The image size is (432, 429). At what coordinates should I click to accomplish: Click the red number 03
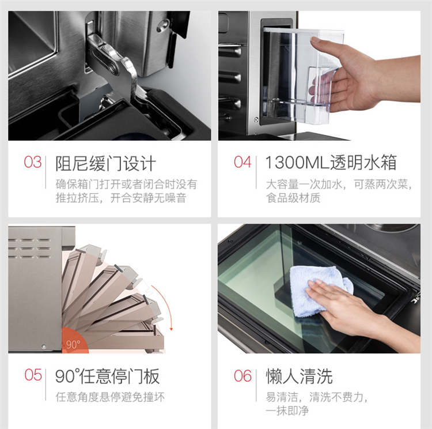coord(32,162)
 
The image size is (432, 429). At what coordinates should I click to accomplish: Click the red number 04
coord(242,162)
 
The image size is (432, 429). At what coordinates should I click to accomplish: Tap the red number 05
coord(33,375)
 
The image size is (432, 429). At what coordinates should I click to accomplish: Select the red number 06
coord(242,375)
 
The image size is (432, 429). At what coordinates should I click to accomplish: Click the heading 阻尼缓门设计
coord(105,163)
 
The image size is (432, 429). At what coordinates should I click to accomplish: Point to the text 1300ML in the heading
coord(297,162)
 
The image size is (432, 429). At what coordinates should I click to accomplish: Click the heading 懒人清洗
coord(299,376)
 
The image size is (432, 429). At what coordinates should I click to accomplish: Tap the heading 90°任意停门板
coord(108,376)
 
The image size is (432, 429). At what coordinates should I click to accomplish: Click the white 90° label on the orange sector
coord(73,344)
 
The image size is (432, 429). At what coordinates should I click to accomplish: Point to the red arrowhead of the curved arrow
coord(171,329)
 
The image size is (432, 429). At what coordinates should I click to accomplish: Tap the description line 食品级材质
coord(293,198)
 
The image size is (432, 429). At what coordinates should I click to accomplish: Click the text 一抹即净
coord(287,411)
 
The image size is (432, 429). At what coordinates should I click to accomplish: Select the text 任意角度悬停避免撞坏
coord(110,397)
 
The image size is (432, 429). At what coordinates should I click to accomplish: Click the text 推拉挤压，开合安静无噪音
coord(121,198)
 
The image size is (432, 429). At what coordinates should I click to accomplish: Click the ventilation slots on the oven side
coord(29,249)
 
